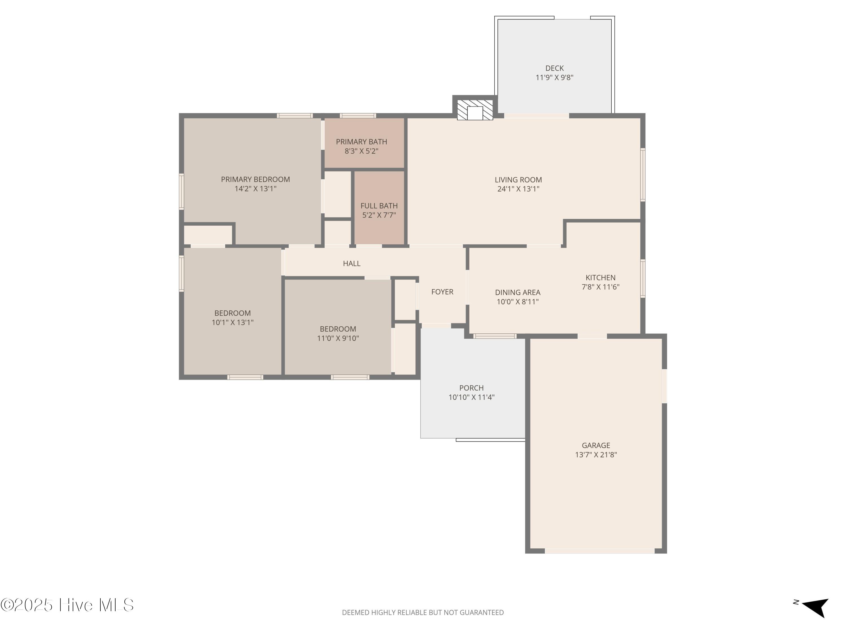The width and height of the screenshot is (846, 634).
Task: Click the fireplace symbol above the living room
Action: coord(475,110)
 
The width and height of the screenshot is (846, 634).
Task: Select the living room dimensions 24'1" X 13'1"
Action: coord(518,189)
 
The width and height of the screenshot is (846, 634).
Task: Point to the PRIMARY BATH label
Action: coord(362,142)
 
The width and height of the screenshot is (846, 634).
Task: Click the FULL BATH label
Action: coord(379,206)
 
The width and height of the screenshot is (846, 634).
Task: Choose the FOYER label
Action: coord(442,292)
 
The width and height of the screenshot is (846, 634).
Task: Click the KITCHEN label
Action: coord(600,278)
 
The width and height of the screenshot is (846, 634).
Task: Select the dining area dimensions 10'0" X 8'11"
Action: coord(517,302)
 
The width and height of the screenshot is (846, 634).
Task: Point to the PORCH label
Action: coord(471,388)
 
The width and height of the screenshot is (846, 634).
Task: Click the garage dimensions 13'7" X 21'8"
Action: coord(596,455)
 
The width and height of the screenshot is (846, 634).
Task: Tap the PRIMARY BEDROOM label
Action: coord(255,179)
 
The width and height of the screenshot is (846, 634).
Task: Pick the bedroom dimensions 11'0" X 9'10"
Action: coord(338,338)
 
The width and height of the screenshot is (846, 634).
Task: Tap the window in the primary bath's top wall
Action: coord(358,116)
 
